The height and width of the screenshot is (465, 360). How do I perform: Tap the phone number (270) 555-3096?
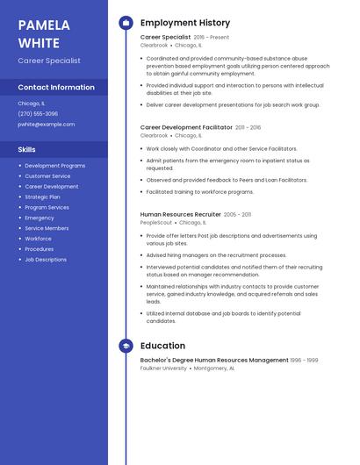click(38, 114)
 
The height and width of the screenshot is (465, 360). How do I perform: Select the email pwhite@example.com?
click(46, 125)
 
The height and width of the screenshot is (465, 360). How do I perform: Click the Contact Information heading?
click(56, 88)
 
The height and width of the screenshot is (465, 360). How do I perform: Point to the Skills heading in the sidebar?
click(27, 150)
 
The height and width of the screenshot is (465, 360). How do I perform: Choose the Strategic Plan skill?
click(42, 197)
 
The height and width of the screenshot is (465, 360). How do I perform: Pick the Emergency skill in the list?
click(40, 218)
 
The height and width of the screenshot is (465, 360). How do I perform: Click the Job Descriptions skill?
click(46, 260)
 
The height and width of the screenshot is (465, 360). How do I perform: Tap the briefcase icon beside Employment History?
click(126, 23)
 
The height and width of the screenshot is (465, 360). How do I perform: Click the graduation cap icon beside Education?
click(126, 346)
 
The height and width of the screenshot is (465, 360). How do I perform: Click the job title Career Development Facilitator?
click(186, 127)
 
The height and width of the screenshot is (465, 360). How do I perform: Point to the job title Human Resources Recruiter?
click(180, 214)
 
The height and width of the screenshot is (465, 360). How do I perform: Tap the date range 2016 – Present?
click(212, 38)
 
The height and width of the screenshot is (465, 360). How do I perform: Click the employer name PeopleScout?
click(156, 223)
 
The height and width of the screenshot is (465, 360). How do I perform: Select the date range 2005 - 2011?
click(237, 214)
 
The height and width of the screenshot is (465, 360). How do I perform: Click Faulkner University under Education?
click(163, 368)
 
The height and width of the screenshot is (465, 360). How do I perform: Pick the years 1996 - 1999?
click(305, 361)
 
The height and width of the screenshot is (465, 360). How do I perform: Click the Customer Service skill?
click(47, 176)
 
